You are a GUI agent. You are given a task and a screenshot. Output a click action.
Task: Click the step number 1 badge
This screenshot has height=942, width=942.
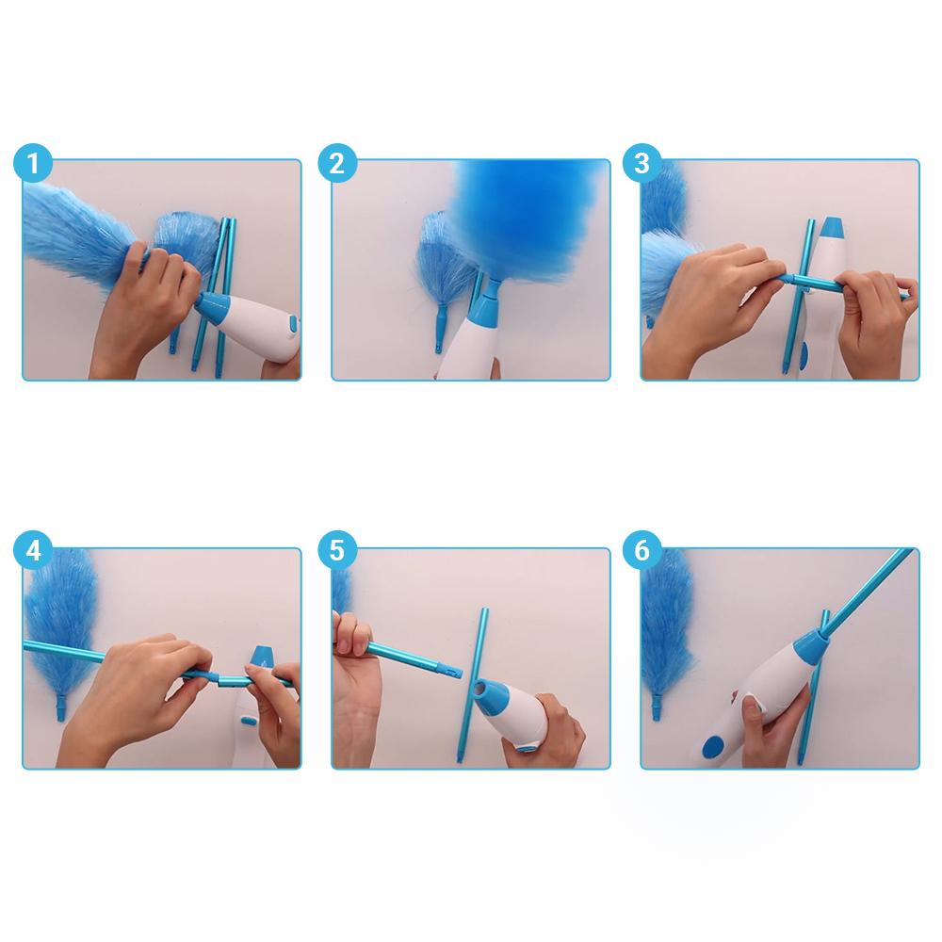pos(33,164)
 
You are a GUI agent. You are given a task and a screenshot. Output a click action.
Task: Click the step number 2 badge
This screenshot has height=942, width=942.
pos(337,164)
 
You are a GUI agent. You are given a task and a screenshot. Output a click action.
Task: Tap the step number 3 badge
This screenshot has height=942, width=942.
pos(642,164)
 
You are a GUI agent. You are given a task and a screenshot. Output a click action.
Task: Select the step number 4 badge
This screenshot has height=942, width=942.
pos(33,550)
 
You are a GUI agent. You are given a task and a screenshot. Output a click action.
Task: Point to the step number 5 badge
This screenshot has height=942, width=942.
pos(337,550)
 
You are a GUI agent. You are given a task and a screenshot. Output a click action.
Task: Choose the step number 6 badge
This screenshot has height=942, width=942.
pos(642,550)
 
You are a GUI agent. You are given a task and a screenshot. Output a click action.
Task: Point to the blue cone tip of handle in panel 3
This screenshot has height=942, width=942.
pos(832,228)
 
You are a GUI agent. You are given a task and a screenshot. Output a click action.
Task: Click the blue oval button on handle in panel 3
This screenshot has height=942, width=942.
pos(803,356)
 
